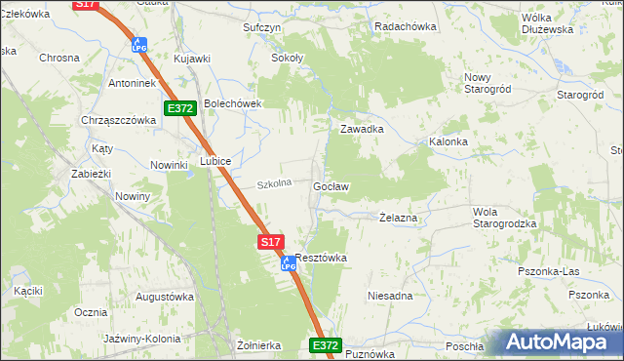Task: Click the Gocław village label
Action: click(331, 185)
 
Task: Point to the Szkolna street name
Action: click(274, 184)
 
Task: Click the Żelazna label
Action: click(398, 219)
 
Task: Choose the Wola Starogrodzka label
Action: click(504, 218)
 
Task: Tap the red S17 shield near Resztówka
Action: click(272, 241)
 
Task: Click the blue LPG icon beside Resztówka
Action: click(288, 262)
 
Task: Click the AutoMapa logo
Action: click(562, 342)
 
